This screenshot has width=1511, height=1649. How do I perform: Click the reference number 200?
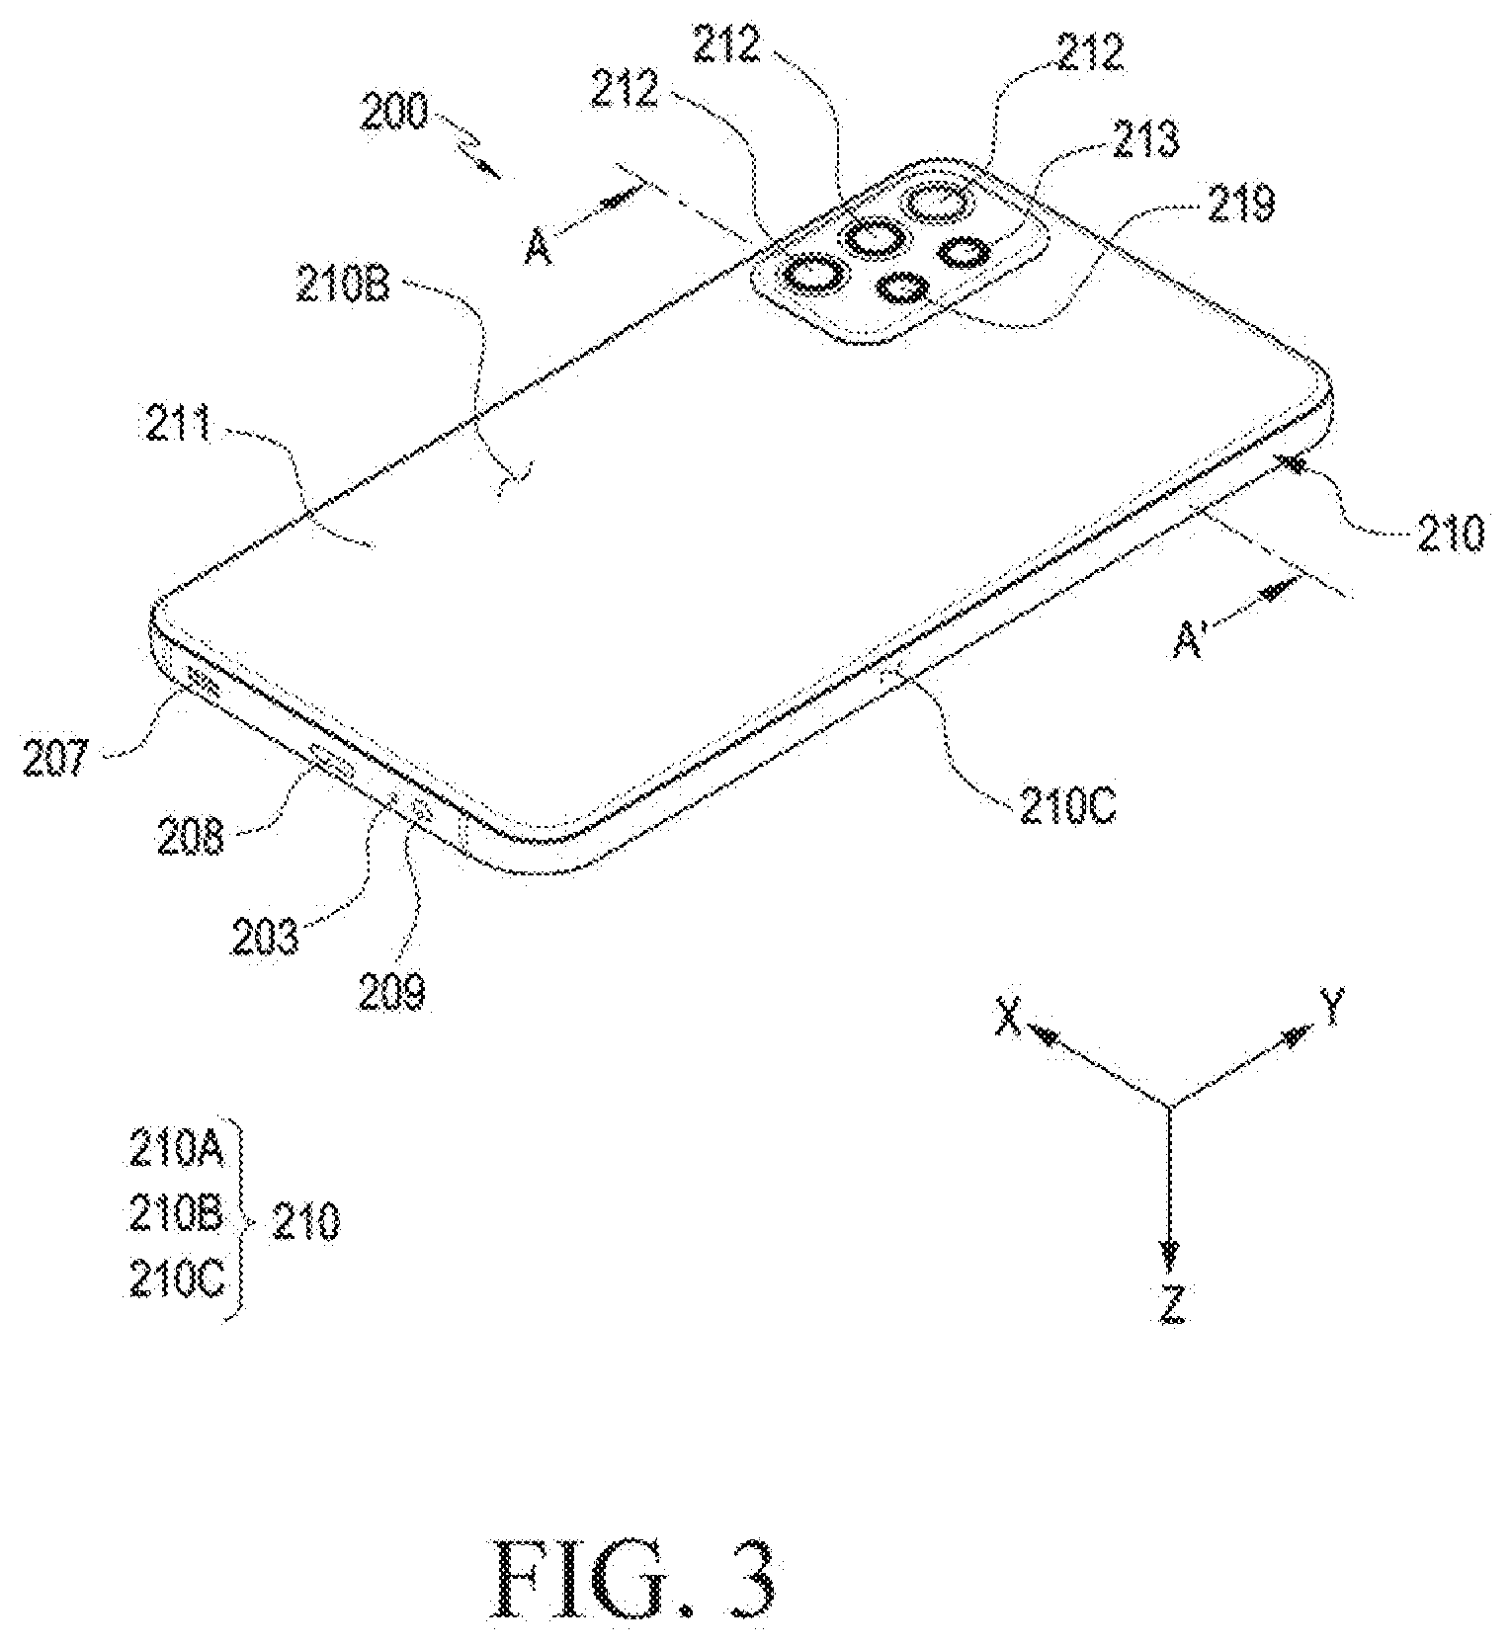393,115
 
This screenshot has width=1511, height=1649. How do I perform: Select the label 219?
1240,205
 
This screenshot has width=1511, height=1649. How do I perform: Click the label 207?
56,761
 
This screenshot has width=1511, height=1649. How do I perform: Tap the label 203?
264,935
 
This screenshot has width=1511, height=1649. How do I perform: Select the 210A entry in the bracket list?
175,1152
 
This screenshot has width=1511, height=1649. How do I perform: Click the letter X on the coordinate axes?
1008,1017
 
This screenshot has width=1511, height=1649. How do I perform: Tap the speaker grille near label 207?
202,683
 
